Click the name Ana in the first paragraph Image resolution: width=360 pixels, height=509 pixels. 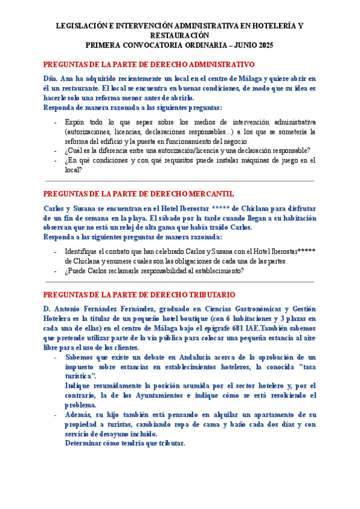67,79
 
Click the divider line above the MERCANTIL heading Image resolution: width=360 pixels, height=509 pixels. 180,181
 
